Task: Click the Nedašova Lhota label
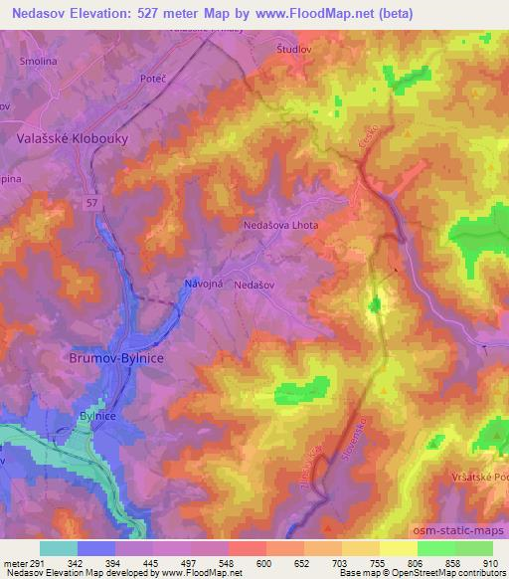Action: click(x=281, y=226)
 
